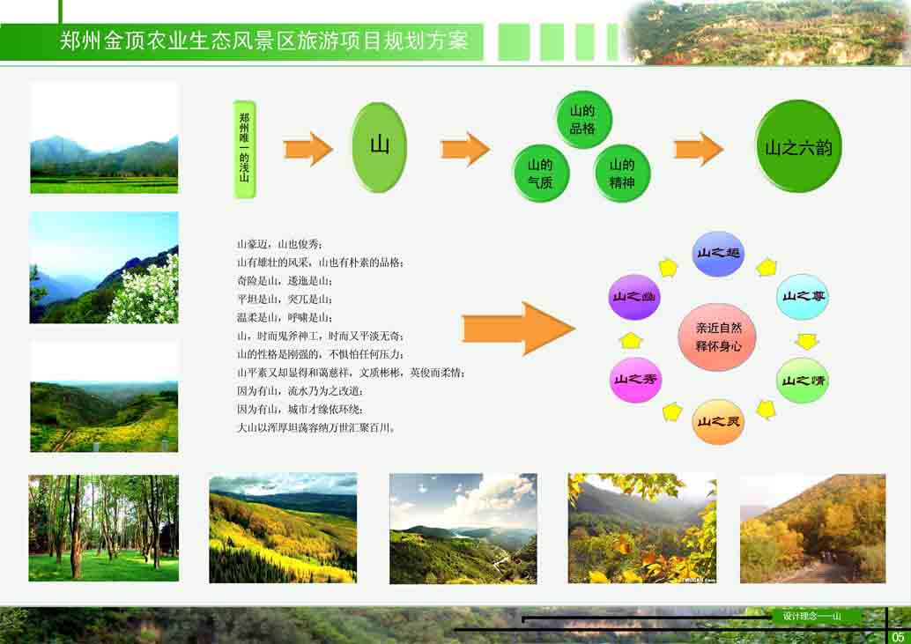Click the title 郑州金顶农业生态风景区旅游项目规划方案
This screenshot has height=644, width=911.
tap(264, 41)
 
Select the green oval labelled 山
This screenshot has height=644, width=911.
tap(379, 147)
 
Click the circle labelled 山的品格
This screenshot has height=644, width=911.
tap(582, 120)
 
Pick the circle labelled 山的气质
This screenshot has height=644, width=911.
tap(540, 174)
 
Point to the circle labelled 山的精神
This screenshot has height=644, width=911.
tap(622, 174)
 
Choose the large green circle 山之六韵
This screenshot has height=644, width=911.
tap(799, 146)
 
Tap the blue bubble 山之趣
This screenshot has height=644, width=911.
tap(719, 254)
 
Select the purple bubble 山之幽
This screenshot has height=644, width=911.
tap(635, 297)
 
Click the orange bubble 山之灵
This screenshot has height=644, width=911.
tap(719, 422)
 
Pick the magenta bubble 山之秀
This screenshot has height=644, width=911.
tap(635, 381)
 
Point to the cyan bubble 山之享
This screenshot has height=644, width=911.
tap(802, 297)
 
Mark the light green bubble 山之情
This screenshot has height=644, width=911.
tap(802, 381)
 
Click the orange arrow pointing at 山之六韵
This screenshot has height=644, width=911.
tap(699, 149)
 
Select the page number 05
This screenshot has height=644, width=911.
tap(898, 636)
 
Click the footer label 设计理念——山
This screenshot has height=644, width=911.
tap(811, 616)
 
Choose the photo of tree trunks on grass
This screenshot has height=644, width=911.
tap(103, 528)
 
